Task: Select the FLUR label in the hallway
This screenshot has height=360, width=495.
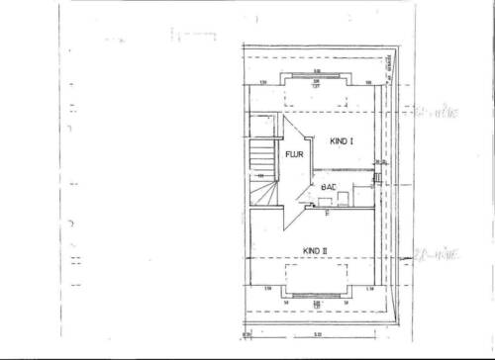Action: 294,155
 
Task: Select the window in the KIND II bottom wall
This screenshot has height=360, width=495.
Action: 315,294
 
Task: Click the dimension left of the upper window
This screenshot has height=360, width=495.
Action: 264,82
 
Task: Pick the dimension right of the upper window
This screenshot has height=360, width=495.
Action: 366,82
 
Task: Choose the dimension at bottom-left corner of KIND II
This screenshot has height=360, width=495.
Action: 268,288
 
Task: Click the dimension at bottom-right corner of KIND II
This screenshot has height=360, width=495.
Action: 369,288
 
